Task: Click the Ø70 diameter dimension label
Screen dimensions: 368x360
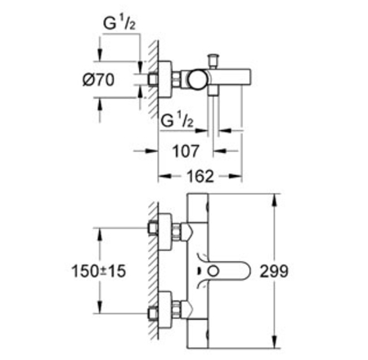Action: coord(98,80)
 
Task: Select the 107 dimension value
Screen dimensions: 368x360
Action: coord(186,151)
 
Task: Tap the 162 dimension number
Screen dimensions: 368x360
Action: coord(200,177)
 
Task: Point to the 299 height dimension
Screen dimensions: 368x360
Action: coord(274,271)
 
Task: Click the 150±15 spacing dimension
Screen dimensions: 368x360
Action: coord(98,271)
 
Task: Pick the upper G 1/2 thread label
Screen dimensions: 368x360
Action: coord(119,22)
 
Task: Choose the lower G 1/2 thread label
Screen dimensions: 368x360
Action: coord(177,119)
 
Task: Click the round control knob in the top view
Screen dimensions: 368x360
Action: coord(197,79)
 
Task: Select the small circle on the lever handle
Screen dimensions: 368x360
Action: coord(213,272)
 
